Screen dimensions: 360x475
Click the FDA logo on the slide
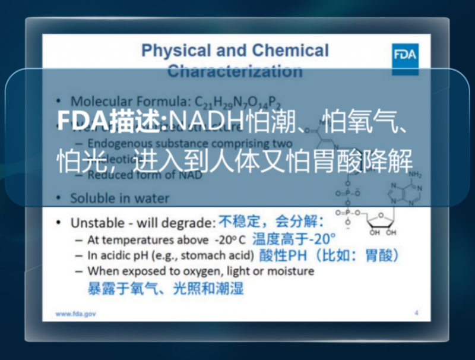tap(406, 56)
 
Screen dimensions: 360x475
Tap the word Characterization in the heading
tap(235, 71)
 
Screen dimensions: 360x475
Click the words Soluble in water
tap(119, 198)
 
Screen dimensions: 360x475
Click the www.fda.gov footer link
tap(75, 313)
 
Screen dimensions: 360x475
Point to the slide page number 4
tap(416, 312)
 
